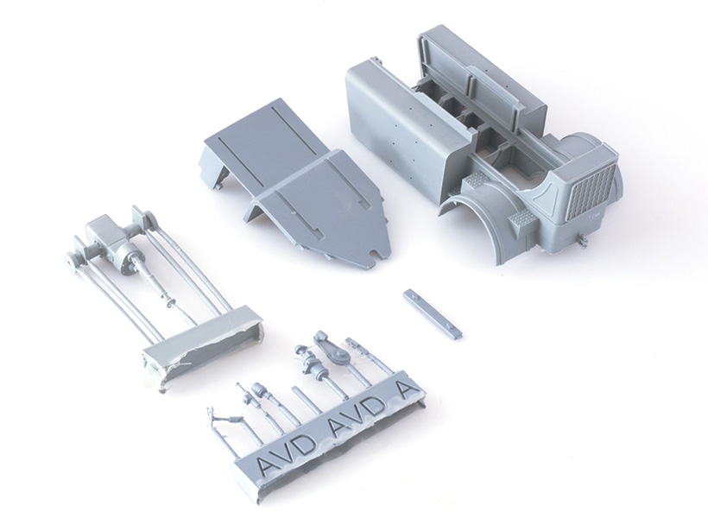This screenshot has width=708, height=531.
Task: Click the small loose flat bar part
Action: pos(432,313)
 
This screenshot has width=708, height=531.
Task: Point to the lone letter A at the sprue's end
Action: pos(407,390)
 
